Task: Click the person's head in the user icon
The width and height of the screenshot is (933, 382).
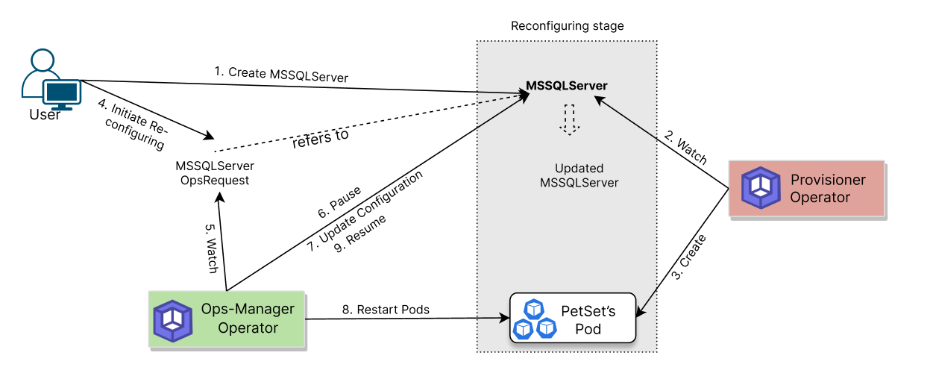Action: click(x=43, y=60)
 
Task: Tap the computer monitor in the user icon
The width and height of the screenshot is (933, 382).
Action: click(x=62, y=93)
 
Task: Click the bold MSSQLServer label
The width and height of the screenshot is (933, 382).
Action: click(x=567, y=86)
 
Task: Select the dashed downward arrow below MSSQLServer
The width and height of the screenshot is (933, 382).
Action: click(x=570, y=119)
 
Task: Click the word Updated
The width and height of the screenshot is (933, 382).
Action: click(x=579, y=169)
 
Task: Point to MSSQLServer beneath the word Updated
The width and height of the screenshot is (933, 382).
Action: click(x=579, y=183)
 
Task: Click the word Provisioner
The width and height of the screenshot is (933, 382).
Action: click(x=828, y=180)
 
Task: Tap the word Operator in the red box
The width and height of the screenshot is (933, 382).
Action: click(x=820, y=198)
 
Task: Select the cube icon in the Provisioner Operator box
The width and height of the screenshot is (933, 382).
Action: click(x=761, y=188)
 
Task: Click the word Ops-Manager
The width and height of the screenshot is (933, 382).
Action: click(x=248, y=310)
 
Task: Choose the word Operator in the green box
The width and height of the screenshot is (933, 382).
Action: click(x=248, y=328)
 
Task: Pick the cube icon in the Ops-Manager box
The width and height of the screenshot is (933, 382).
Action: click(x=173, y=320)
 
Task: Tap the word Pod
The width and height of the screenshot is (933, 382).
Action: click(x=588, y=329)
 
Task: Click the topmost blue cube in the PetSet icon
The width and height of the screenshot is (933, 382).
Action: click(x=535, y=309)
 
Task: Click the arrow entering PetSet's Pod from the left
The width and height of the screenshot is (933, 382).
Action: click(x=492, y=319)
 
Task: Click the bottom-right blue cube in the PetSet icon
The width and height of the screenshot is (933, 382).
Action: click(x=547, y=327)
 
